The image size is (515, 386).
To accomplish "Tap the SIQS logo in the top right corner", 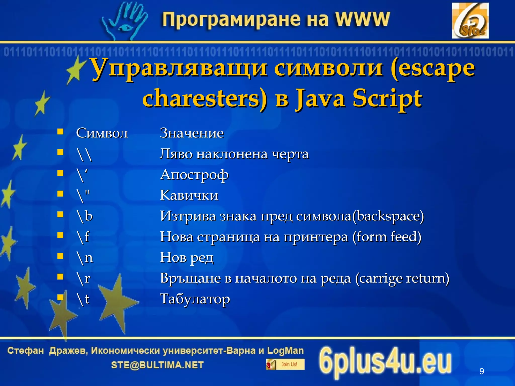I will (x=470, y=21).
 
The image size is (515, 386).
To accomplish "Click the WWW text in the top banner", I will (x=362, y=19).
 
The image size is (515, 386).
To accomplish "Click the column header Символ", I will (x=102, y=133).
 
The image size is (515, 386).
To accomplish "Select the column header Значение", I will (x=192, y=133).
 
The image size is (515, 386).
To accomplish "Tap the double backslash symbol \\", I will (x=84, y=154).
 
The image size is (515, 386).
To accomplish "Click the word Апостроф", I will (x=194, y=174).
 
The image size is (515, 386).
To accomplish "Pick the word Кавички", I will (x=189, y=195).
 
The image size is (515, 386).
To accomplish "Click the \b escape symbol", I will (x=85, y=216).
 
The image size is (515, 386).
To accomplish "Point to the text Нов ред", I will (x=187, y=258).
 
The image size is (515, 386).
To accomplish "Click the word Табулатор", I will (x=195, y=299).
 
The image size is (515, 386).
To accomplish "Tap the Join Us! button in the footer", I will (x=285, y=364).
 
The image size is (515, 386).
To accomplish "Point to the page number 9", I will (x=482, y=371).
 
